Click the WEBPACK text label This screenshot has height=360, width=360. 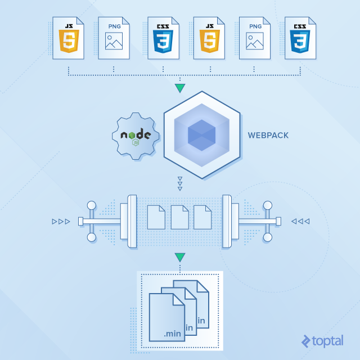click(x=268, y=136)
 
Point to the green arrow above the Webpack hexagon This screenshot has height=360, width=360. click(x=179, y=88)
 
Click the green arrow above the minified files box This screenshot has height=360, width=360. click(x=179, y=258)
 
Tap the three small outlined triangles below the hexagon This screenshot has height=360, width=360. click(x=179, y=183)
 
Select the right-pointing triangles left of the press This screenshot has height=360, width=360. click(x=61, y=221)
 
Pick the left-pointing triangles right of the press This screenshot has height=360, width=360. click(x=300, y=221)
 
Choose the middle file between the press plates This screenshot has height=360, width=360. click(x=179, y=217)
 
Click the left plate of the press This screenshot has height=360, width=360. click(x=133, y=221)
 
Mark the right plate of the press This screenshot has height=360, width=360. click(x=227, y=221)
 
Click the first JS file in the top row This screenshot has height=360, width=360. click(x=68, y=38)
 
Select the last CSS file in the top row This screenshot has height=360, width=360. click(x=300, y=38)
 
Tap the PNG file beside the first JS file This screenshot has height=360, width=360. click(x=114, y=38)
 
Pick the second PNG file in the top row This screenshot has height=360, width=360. click(x=254, y=38)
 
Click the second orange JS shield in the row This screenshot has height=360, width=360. click(x=208, y=40)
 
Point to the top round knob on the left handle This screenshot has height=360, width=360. click(x=92, y=205)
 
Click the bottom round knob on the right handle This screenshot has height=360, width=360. click(x=268, y=237)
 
